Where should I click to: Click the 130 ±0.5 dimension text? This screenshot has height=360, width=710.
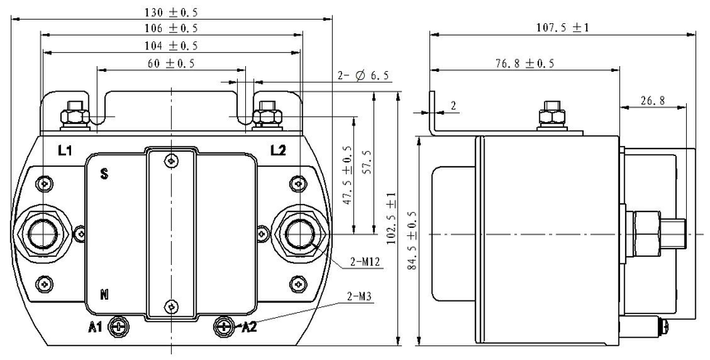171,12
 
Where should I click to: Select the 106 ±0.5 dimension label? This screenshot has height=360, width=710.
171,28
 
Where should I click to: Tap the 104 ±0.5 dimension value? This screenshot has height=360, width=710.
171,45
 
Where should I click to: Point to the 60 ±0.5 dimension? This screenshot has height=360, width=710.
171,64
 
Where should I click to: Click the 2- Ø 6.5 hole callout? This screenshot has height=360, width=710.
363,76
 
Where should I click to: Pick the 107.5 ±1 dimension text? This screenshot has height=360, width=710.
562,27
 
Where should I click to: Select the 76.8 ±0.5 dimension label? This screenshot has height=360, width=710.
525,64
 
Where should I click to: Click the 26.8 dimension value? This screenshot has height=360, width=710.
652,101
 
